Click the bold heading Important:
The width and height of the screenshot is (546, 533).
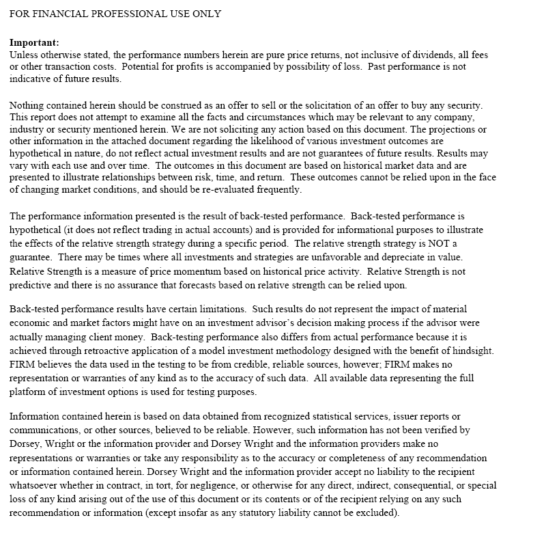coord(35,42)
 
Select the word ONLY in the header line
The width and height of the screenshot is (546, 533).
coord(205,14)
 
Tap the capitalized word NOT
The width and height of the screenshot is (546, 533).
coord(440,244)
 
